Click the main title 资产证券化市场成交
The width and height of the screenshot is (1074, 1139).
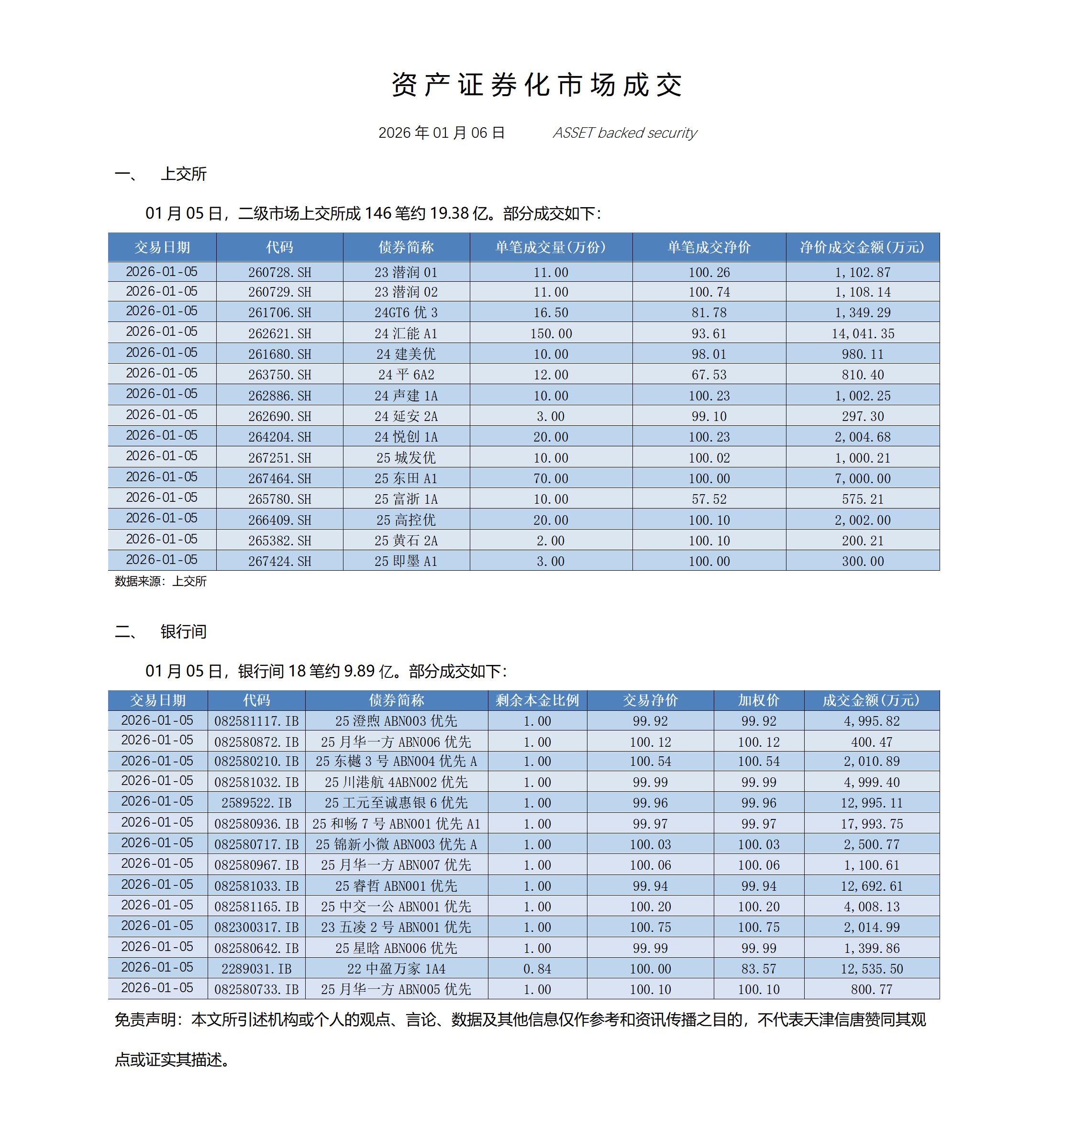pyautogui.click(x=536, y=85)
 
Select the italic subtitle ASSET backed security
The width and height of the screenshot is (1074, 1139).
pyautogui.click(x=624, y=133)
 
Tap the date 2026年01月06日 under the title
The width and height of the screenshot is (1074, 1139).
pyautogui.click(x=441, y=133)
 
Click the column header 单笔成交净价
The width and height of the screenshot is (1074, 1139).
pyautogui.click(x=709, y=247)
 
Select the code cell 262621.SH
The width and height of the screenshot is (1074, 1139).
pyautogui.click(x=280, y=333)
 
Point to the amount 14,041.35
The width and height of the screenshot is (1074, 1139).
pyautogui.click(x=863, y=333)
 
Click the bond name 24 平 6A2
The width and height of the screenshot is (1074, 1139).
pyautogui.click(x=406, y=375)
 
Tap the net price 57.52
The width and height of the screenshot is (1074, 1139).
pyautogui.click(x=709, y=499)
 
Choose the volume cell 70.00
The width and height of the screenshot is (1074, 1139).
pyautogui.click(x=550, y=478)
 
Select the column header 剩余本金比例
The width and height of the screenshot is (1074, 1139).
pyautogui.click(x=537, y=700)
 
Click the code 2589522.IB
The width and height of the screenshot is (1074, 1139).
pyautogui.click(x=256, y=803)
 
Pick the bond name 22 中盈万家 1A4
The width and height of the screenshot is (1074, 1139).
pyautogui.click(x=396, y=969)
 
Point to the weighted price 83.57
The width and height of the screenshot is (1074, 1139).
pyautogui.click(x=758, y=969)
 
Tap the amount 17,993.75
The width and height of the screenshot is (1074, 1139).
pyautogui.click(x=871, y=824)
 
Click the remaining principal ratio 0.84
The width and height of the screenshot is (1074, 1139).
pyautogui.click(x=537, y=969)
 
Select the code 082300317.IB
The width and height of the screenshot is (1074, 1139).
pyautogui.click(x=256, y=927)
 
